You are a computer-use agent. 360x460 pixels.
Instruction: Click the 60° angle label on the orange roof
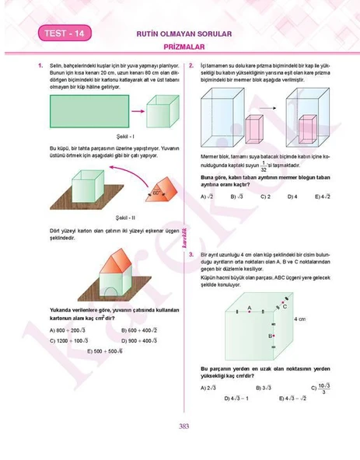[x=156, y=190]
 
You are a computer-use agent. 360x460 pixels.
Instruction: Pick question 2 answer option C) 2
[x=266, y=197]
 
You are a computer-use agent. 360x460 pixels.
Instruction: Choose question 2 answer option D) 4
[x=292, y=197]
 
